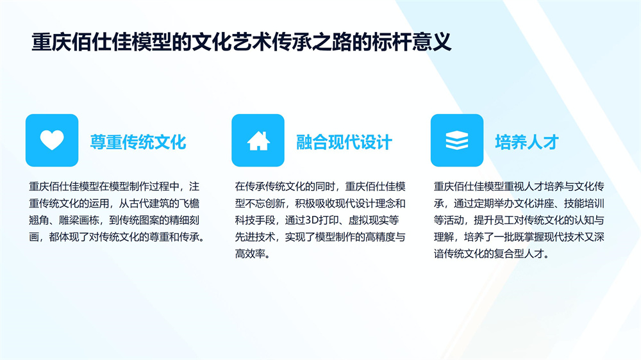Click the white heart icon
pos(52,140)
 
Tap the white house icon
pos(258,140)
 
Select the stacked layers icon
pos(456,140)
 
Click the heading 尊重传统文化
pos(138,142)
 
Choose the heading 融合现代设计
pos(344,142)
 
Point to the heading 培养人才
pos(527,142)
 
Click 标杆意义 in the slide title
pos(412,42)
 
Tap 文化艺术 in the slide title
pos(232,42)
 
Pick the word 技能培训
pos(584,204)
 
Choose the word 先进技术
pos(254,237)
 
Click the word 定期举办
pos(484,204)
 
